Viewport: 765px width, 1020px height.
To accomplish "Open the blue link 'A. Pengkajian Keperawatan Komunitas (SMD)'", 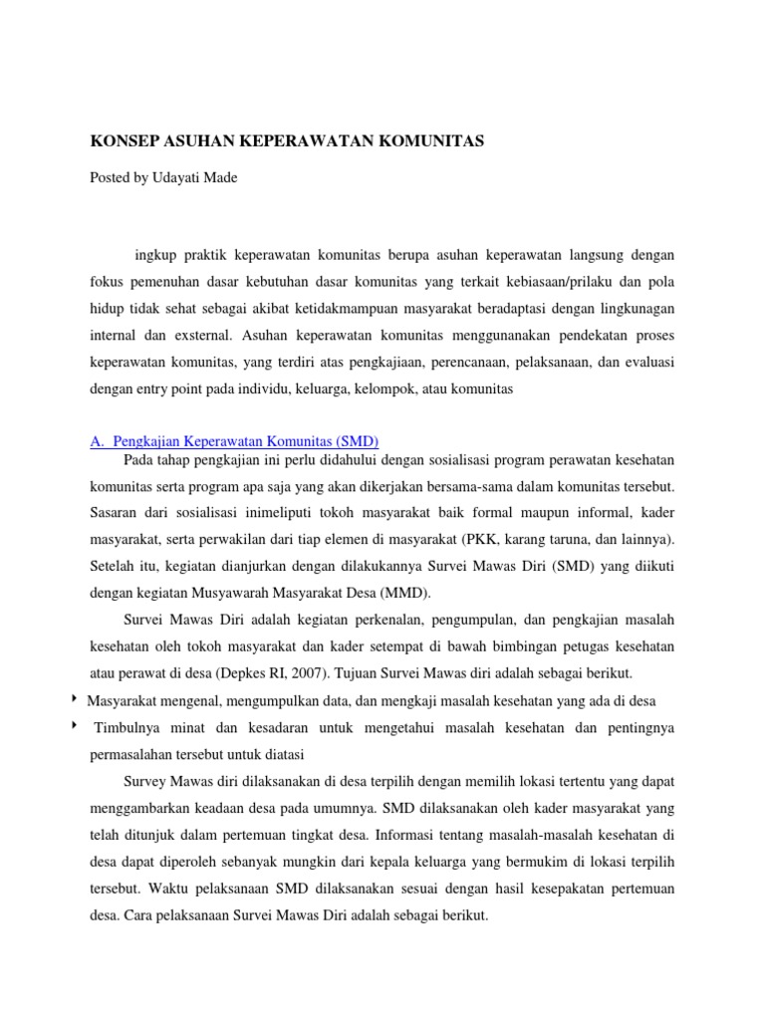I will point(234,441).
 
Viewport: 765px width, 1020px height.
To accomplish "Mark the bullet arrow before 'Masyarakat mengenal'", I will point(77,699).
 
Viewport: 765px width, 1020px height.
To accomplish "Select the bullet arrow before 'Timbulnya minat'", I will point(77,726).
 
